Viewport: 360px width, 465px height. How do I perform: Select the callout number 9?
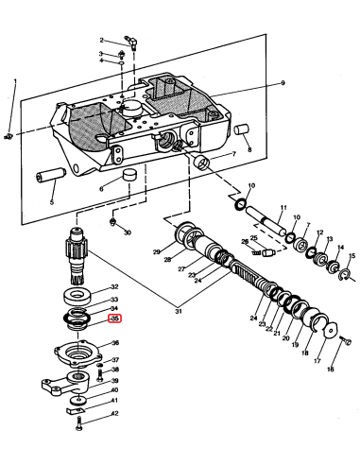[x=281, y=85]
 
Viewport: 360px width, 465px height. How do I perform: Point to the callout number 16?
[x=331, y=371]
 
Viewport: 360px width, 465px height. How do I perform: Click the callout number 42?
[x=115, y=413]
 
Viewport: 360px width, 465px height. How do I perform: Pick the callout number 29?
[x=157, y=251]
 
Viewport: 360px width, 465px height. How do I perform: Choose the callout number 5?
[x=52, y=202]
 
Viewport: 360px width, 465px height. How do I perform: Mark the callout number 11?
[x=283, y=207]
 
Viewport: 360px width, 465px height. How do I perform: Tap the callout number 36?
[x=115, y=343]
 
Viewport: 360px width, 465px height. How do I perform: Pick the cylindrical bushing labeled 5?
[x=48, y=177]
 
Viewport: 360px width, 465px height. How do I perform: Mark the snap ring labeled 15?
[x=347, y=275]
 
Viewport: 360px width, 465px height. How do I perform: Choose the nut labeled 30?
[x=112, y=223]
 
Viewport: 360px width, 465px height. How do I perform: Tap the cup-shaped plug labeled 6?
[x=126, y=177]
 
